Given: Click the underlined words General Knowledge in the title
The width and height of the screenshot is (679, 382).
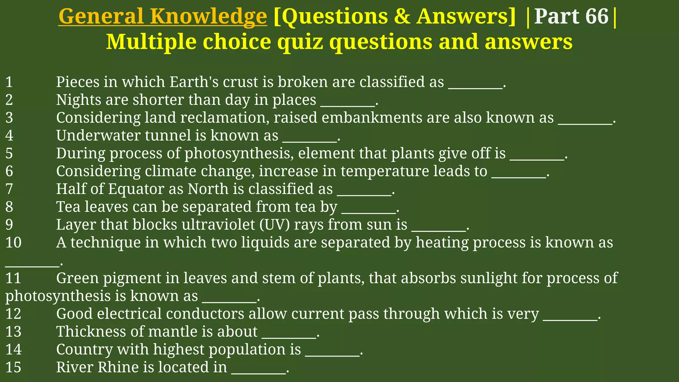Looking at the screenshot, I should [162, 17].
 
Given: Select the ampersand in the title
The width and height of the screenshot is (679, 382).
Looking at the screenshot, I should [402, 17].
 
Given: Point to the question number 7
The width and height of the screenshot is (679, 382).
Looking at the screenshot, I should [9, 189].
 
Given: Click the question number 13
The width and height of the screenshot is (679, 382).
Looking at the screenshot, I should [13, 332].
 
